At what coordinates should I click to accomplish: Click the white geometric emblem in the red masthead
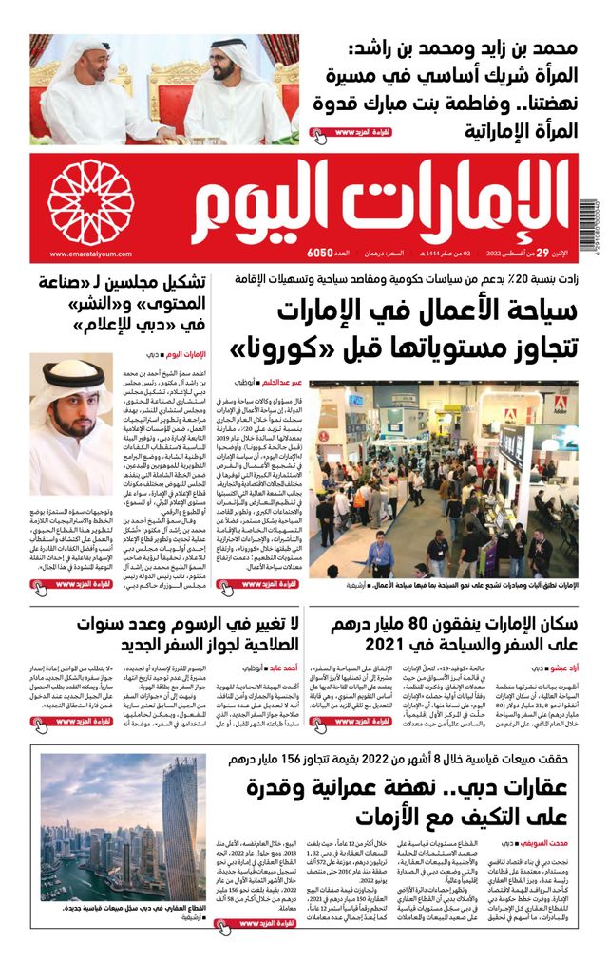click(91, 203)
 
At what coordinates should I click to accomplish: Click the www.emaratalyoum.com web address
click(80, 254)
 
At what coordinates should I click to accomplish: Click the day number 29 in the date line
click(541, 254)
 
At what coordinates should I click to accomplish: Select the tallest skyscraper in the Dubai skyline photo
click(176, 826)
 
